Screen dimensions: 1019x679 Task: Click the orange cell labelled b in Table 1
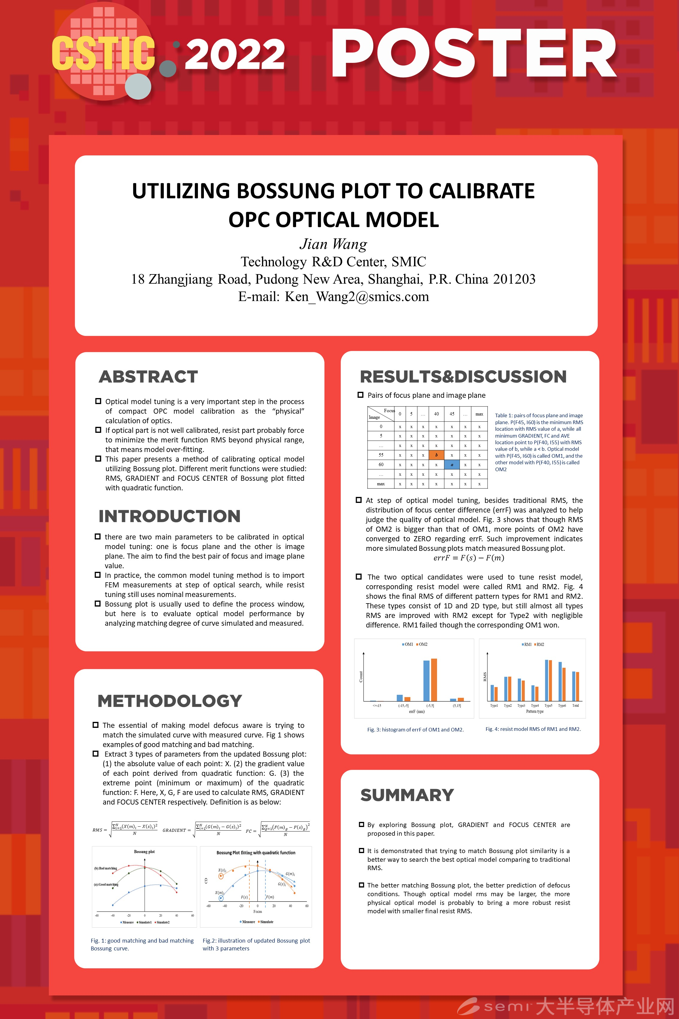(x=436, y=455)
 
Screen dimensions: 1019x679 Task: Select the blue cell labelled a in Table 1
(x=452, y=465)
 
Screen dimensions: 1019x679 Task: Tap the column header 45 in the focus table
(x=452, y=414)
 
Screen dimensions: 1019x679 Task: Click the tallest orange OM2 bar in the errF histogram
(x=434, y=679)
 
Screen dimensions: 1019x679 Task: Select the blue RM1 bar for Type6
(x=560, y=681)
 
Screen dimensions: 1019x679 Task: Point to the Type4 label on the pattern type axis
(x=535, y=706)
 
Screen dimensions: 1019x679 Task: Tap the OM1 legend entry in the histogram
(x=407, y=644)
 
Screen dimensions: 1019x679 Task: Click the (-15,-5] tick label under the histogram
(x=403, y=706)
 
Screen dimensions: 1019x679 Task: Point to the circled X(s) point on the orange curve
(x=221, y=876)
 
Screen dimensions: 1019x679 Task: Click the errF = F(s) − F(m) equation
(x=469, y=558)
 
